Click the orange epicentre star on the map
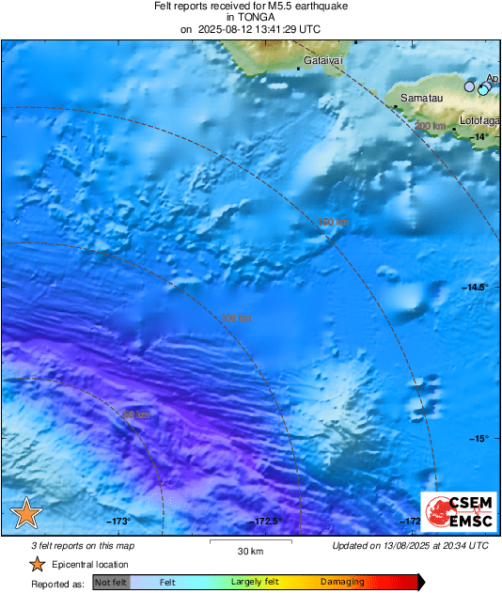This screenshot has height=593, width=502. click(26, 513)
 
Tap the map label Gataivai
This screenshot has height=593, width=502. click(322, 61)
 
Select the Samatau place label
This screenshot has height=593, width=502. click(420, 98)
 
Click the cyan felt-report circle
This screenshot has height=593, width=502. click(483, 90)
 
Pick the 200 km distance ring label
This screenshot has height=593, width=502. click(430, 126)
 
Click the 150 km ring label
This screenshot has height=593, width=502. click(332, 222)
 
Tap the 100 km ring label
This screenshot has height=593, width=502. click(236, 319)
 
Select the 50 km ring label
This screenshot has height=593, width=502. click(135, 414)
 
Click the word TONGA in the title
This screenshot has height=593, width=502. click(249, 17)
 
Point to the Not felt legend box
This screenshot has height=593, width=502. click(111, 583)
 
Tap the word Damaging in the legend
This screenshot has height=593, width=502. click(342, 583)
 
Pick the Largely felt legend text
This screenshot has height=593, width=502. click(254, 583)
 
